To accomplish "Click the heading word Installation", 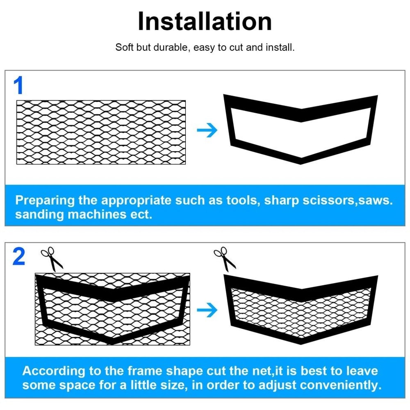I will click(x=205, y=21).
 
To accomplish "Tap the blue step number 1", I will click(x=18, y=86).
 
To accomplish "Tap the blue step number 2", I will click(x=19, y=257).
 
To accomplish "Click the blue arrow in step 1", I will click(x=207, y=131).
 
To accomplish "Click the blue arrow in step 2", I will click(x=207, y=310).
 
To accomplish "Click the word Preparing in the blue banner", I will click(x=45, y=200).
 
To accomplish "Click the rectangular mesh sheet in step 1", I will click(x=101, y=132).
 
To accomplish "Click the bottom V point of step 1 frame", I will click(x=301, y=161).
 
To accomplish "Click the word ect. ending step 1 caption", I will click(x=142, y=214).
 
